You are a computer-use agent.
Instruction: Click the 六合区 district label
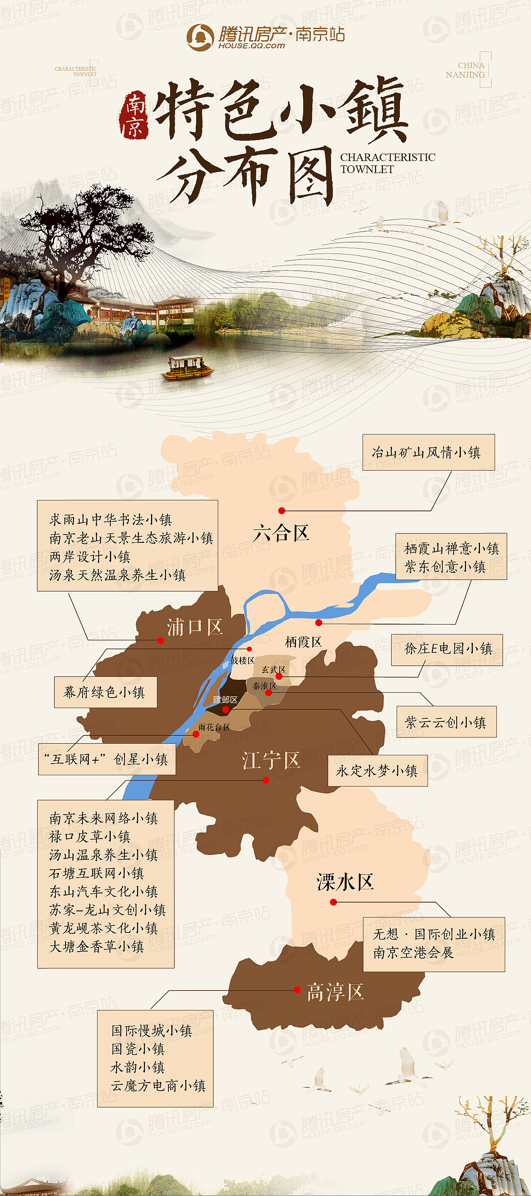(x=281, y=533)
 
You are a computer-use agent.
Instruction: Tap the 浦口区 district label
(x=195, y=627)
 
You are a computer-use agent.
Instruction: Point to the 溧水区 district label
(x=345, y=882)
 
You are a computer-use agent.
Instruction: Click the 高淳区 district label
(x=335, y=992)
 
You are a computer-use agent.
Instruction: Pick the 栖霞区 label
(x=303, y=642)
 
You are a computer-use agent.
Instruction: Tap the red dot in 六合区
(x=282, y=511)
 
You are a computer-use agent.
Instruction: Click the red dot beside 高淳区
(x=297, y=990)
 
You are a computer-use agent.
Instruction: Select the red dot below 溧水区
(x=333, y=902)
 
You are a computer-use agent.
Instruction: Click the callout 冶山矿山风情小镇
(x=428, y=452)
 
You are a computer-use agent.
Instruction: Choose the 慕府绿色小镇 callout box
(x=105, y=692)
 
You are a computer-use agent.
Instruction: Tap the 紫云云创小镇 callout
(x=446, y=722)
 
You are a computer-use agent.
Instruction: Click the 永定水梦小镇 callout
(x=378, y=771)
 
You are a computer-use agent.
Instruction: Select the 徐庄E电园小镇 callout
(x=446, y=649)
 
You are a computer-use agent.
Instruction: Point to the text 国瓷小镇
(x=138, y=1049)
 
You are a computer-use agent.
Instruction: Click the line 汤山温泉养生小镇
(x=104, y=855)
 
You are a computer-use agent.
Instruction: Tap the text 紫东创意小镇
(x=445, y=566)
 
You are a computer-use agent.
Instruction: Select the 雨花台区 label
(x=214, y=727)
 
